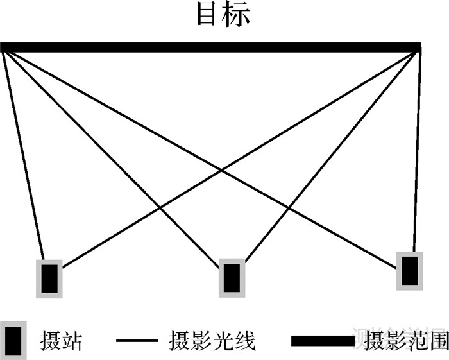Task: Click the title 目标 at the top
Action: (x=223, y=16)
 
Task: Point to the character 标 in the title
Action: (x=237, y=16)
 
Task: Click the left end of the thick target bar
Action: (x=4, y=47)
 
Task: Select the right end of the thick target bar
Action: (x=418, y=47)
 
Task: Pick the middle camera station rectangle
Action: (x=232, y=277)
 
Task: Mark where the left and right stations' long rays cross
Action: (x=222, y=170)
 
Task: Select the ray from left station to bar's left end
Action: (x=23, y=154)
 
